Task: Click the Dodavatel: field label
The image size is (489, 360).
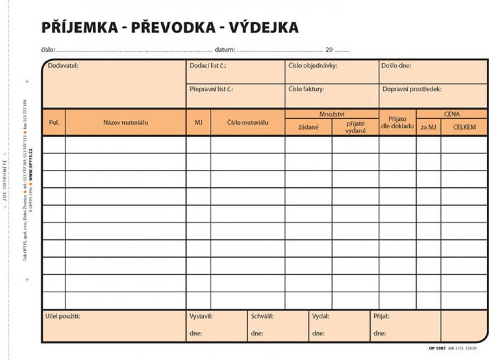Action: [x=63, y=66]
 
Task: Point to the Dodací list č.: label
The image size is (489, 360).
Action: [x=208, y=66]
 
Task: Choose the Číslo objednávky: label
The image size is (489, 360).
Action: [x=313, y=66]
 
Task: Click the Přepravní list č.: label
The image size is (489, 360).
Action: [x=211, y=90]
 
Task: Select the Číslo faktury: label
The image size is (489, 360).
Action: [x=307, y=90]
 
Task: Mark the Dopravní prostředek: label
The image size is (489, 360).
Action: [x=412, y=90]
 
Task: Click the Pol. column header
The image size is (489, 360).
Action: [x=54, y=123]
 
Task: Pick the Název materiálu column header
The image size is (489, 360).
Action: [x=125, y=123]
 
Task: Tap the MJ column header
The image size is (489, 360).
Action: [x=198, y=123]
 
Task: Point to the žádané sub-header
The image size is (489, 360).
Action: [x=309, y=127]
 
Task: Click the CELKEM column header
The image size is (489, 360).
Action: [x=464, y=127]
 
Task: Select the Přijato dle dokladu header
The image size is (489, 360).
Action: [x=397, y=122]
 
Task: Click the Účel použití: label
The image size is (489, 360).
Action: [x=63, y=316]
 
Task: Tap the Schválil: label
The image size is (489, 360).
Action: [x=262, y=316]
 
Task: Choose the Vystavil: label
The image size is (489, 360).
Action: [x=201, y=316]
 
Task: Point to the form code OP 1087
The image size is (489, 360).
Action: [x=437, y=348]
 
